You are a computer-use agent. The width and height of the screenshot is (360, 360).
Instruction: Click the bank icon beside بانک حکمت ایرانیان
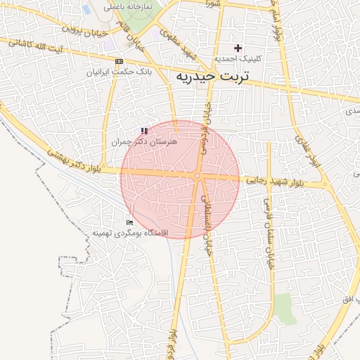pos(118,62)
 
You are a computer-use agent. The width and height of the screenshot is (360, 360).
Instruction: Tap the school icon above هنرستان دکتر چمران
pos(144,131)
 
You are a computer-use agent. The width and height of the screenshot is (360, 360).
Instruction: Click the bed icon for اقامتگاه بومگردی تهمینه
pos(129,222)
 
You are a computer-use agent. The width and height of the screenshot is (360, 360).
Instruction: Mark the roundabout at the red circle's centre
pos(198,176)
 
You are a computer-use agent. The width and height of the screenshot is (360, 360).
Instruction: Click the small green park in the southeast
pos(284,307)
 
